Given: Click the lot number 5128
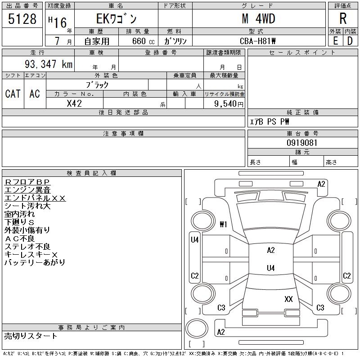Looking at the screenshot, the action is (x=22, y=18).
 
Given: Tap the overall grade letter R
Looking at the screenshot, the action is (x=343, y=18).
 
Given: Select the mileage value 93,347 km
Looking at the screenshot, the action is (x=49, y=64).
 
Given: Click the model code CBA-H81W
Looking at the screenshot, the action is (x=257, y=41).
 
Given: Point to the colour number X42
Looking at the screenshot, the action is (x=74, y=103).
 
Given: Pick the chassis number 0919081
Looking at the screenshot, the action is (x=302, y=143).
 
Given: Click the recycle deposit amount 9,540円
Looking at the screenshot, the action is (x=229, y=103).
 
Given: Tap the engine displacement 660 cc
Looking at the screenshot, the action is (x=143, y=41).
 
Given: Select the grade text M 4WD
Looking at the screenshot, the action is (x=258, y=18).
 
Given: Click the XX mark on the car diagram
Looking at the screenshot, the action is (x=288, y=299).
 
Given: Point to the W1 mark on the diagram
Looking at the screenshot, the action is (x=223, y=224).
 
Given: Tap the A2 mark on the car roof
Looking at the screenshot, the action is (x=271, y=250).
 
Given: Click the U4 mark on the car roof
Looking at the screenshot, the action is (x=271, y=268).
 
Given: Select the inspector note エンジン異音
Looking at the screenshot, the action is (x=27, y=190).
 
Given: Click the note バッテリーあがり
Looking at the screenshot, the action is (x=35, y=262).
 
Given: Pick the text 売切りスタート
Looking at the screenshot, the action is (x=31, y=336).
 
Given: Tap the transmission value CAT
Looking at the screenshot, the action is (x=13, y=94).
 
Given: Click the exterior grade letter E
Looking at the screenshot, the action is (x=335, y=41).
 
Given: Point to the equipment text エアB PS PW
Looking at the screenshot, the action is (x=269, y=121).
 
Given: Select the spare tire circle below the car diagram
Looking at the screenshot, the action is (x=197, y=328).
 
